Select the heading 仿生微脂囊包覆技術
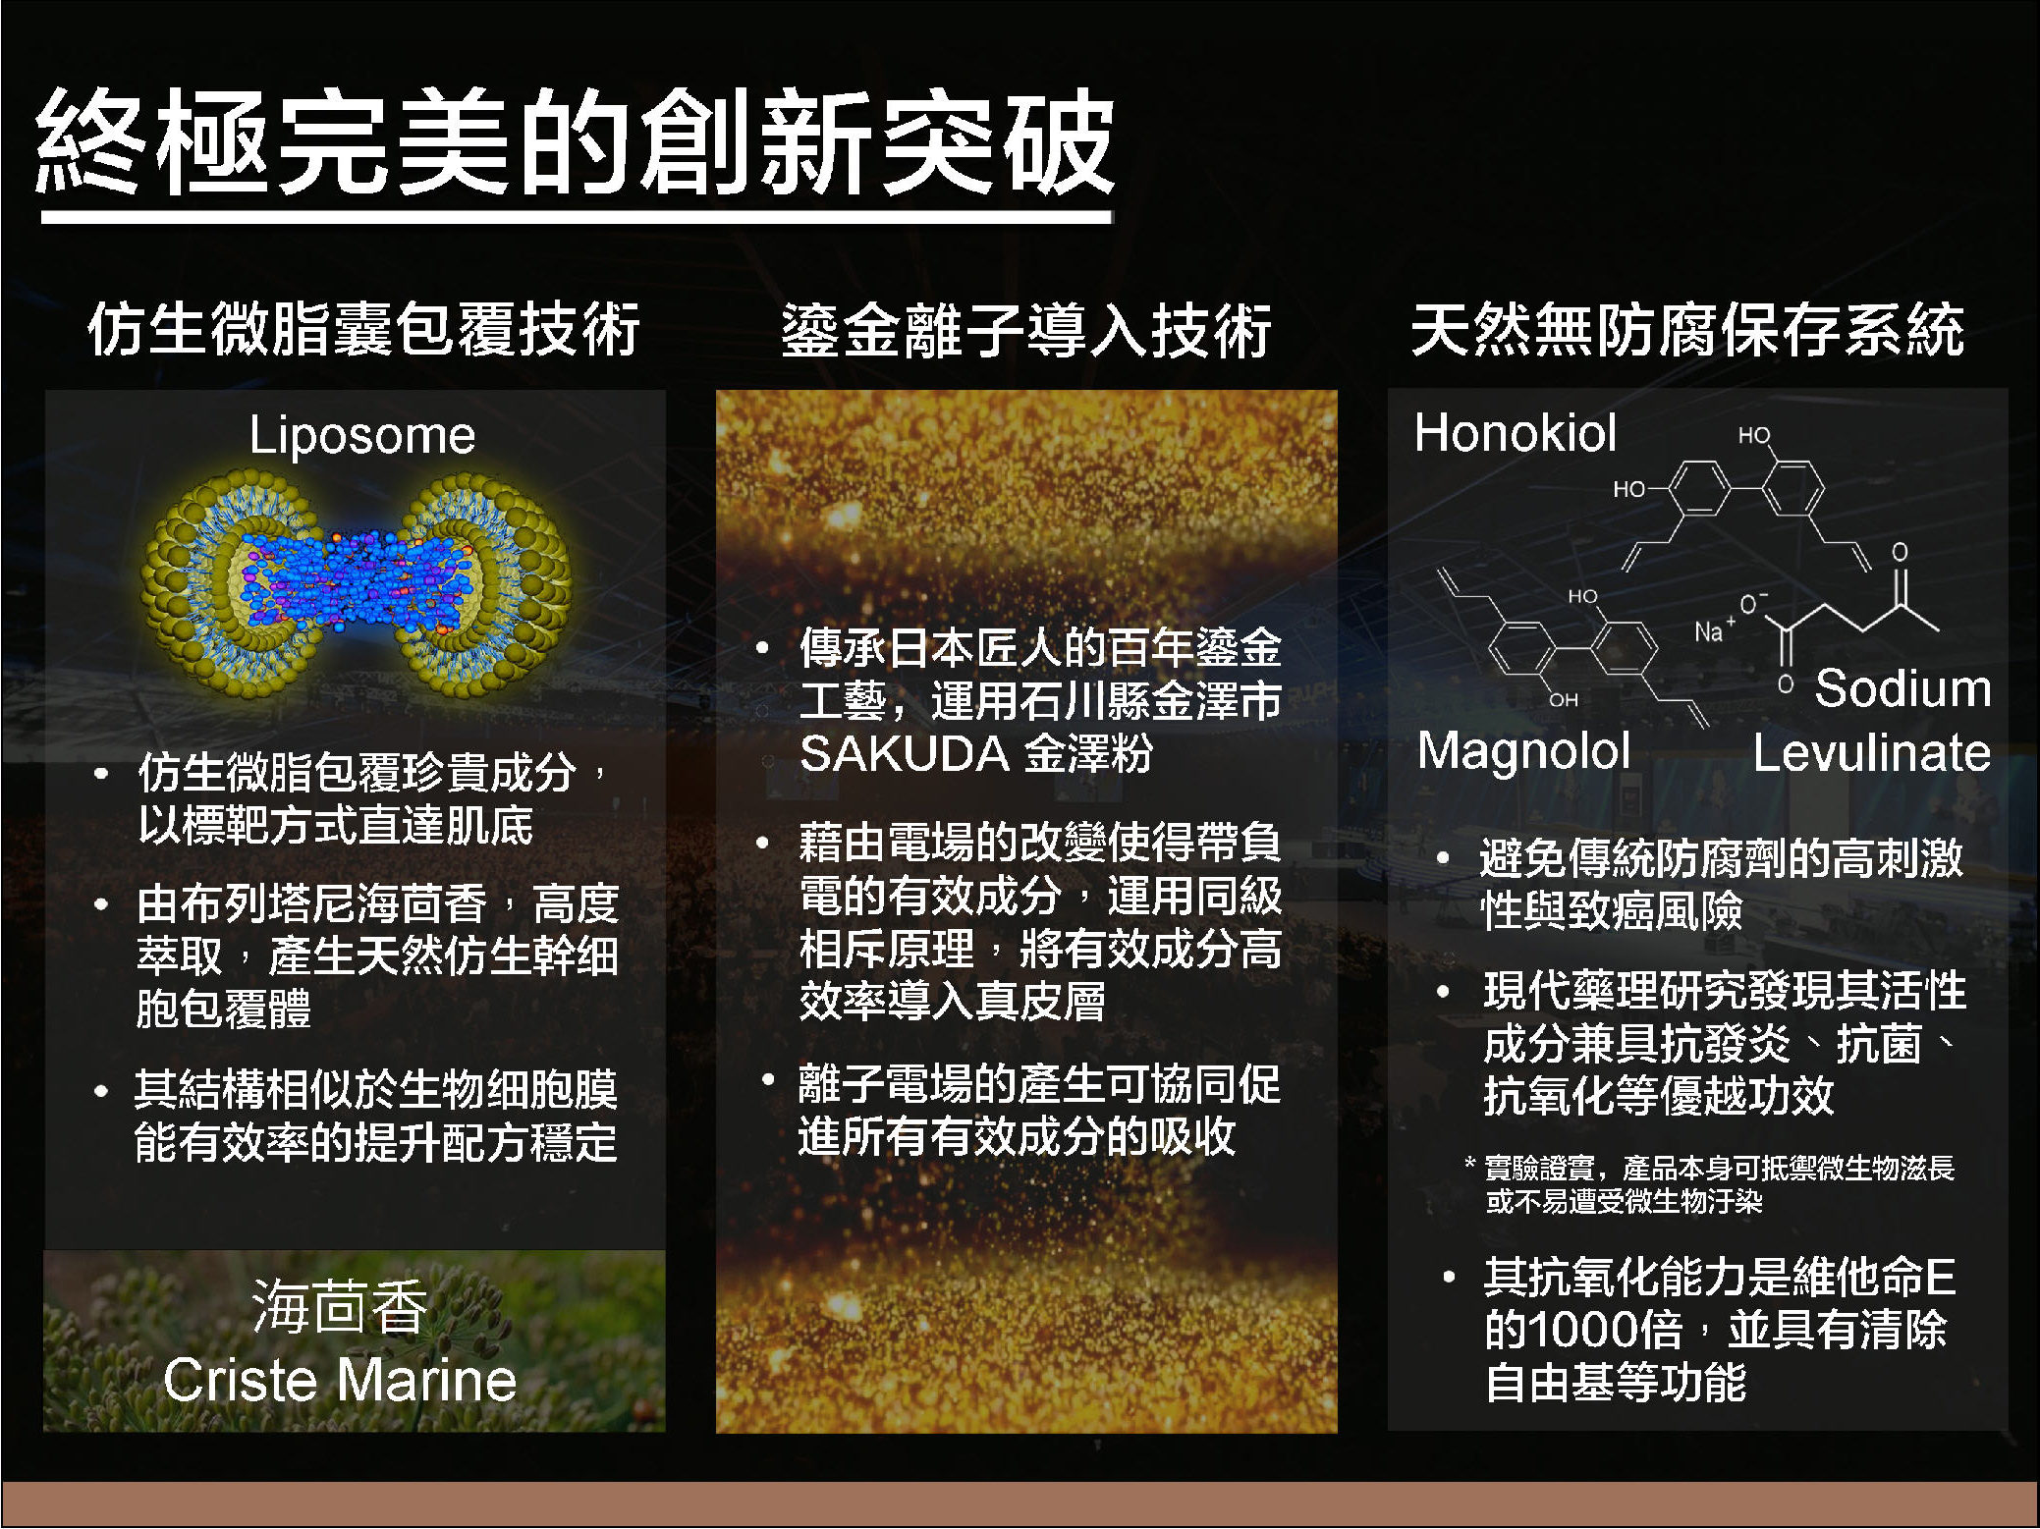[363, 329]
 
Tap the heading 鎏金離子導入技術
[1026, 330]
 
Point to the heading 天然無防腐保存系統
[1687, 329]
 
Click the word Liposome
[362, 434]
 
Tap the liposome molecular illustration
[356, 585]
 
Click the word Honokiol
[1516, 432]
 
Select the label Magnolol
[1523, 750]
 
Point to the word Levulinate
[1872, 752]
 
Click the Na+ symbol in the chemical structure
[1713, 629]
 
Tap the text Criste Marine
[340, 1380]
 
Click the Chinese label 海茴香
[340, 1306]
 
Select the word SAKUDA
[905, 754]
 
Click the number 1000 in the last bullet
[1583, 1330]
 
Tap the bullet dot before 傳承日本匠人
[762, 648]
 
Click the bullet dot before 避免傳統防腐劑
[1443, 857]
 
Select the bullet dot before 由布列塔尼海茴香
[100, 903]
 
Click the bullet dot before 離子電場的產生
[768, 1082]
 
